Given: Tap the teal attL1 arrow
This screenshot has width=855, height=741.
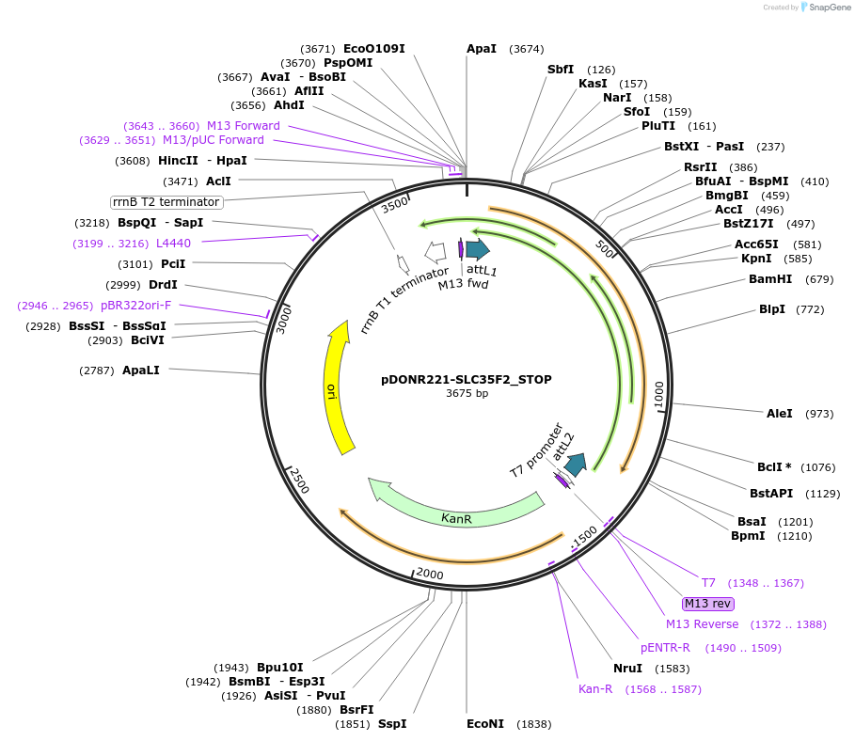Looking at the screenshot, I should click(x=478, y=248).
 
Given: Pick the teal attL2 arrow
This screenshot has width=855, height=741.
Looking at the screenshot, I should click(x=576, y=464).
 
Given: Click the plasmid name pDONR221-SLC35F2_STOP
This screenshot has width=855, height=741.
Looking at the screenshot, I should click(x=467, y=380).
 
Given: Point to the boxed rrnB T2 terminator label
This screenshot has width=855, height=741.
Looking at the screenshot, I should click(x=166, y=201).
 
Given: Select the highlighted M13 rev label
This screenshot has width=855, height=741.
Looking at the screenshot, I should click(x=708, y=604).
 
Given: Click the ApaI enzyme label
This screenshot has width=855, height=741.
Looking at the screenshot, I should click(x=482, y=49).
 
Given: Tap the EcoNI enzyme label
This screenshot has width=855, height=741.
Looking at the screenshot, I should click(x=485, y=723).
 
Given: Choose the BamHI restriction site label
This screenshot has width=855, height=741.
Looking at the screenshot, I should click(x=770, y=279).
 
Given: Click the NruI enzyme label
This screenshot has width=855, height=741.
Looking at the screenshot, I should click(x=627, y=669).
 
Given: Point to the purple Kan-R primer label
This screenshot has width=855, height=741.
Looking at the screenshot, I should click(x=595, y=689).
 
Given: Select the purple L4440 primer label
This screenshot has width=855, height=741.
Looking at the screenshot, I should click(x=173, y=243).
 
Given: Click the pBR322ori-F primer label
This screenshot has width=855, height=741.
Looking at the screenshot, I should click(x=136, y=306).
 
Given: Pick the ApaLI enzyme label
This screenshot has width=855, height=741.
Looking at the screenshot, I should click(x=141, y=370).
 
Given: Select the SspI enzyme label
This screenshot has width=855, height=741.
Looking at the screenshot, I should click(x=392, y=724).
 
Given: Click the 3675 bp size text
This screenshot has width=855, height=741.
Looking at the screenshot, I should click(x=467, y=394).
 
